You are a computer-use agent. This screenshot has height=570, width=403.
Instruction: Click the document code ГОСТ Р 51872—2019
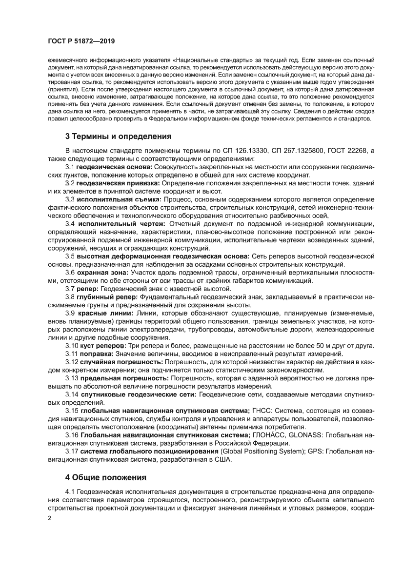[81, 41]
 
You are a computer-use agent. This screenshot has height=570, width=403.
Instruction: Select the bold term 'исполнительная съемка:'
[120, 199]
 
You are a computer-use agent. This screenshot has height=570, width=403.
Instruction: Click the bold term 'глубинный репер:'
[107, 296]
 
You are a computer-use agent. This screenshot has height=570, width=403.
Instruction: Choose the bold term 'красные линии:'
[104, 313]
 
